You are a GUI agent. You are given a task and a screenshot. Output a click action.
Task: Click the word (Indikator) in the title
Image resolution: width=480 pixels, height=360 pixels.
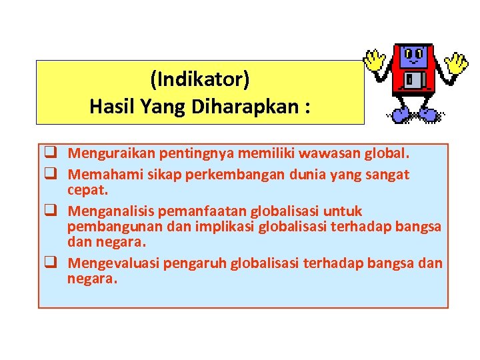[x=200, y=81]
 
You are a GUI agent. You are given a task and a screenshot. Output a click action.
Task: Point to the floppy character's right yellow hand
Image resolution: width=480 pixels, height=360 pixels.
[x=457, y=63]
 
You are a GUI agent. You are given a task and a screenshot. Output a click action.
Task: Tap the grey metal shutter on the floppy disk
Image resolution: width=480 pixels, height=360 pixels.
[x=413, y=81]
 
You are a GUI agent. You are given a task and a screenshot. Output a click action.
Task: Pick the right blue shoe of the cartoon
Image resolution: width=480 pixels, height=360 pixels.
[x=428, y=115]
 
